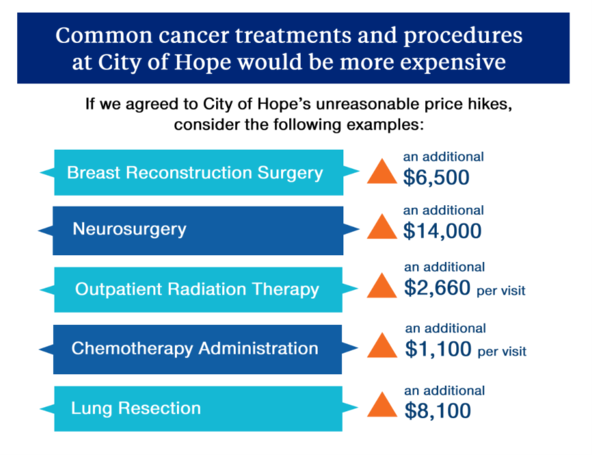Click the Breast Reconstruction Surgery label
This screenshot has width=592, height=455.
pos(195,172)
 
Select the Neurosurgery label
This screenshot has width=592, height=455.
pos(129,229)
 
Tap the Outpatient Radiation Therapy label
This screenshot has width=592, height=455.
pos(197,289)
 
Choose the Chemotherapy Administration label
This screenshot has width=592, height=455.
pos(195,349)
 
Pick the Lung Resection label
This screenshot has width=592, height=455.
pos(136,408)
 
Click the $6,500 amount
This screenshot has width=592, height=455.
pos(436,177)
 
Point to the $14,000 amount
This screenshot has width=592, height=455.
pos(442,232)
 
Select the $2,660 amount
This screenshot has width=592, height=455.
pos(436,289)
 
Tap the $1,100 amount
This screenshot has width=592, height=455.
pos(438,349)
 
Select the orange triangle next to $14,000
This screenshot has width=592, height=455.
pos(382,227)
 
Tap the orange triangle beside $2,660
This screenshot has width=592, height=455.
pos(382,286)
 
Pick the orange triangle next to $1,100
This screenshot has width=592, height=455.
pos(382,345)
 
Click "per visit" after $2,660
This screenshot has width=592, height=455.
pos(501,291)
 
